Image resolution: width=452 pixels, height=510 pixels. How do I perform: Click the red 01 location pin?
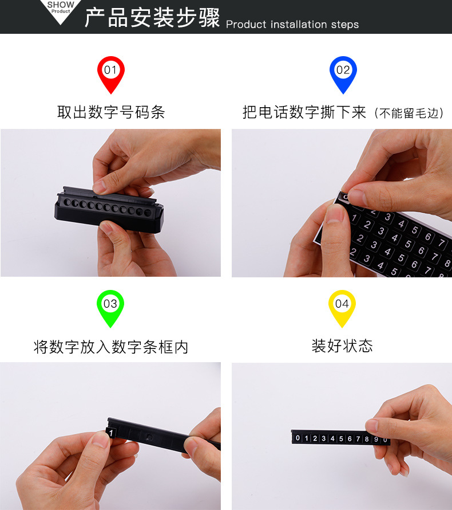pos(110,73)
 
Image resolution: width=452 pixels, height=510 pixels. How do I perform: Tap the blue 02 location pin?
pos(343,73)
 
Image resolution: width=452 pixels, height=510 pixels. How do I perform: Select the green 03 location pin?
pos(110,306)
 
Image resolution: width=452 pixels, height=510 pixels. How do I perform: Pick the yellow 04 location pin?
pos(342,306)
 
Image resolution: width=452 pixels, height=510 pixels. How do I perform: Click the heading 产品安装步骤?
pos(152,18)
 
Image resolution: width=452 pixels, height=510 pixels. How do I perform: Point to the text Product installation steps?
pos(292,25)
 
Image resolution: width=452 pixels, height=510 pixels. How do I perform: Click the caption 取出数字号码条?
pos(111,112)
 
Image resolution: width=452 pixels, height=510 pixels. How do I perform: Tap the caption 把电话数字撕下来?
pos(304,112)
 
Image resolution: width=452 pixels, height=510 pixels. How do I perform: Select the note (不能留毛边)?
pos(409,113)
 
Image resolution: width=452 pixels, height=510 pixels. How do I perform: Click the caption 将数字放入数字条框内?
pos(111,347)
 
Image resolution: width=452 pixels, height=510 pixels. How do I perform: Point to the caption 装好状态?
pos(342,346)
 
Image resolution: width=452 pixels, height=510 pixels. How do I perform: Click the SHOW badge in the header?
pos(61,8)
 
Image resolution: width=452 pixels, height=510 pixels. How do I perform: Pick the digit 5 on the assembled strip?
pos(341,439)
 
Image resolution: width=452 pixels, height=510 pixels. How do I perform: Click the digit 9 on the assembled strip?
pos(376,440)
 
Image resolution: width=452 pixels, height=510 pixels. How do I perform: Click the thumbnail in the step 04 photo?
pos(372,426)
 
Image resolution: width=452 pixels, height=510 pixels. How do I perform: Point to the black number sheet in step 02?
pos(395,241)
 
